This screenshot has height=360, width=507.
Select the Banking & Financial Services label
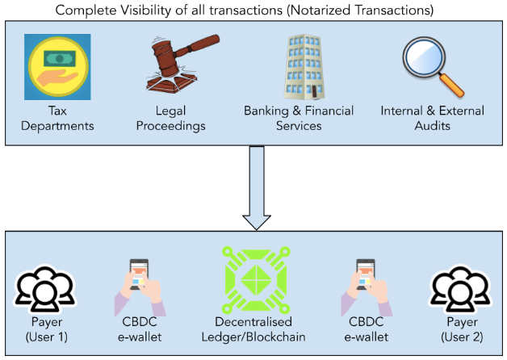click(299, 119)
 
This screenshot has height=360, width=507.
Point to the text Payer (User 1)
click(45, 329)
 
